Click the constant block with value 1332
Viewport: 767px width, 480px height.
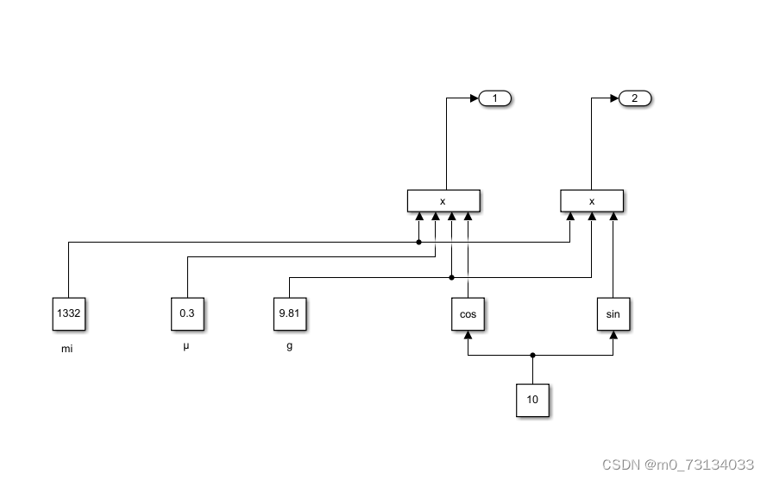click(x=68, y=314)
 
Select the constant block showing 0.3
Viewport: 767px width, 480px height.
click(x=187, y=314)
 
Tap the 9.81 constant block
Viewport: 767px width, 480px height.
click(x=289, y=314)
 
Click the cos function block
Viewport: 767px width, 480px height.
click(x=468, y=314)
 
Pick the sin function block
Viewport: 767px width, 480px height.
click(x=613, y=314)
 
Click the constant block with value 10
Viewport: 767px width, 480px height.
click(x=532, y=400)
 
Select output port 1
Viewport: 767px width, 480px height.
click(x=495, y=98)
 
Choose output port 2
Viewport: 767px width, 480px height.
click(x=635, y=98)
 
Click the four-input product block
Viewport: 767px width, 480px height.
click(x=443, y=201)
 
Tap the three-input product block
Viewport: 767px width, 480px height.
click(x=592, y=201)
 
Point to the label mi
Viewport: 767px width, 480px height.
click(x=67, y=350)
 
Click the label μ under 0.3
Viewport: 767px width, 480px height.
click(x=186, y=347)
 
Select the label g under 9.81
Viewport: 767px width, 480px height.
click(x=289, y=347)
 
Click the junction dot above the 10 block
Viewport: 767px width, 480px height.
click(x=532, y=355)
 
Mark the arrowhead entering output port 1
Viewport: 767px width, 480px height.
click(x=474, y=98)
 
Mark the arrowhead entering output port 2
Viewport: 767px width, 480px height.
click(x=614, y=98)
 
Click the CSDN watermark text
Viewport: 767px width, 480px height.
click(x=678, y=464)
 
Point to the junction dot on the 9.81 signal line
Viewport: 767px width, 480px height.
click(x=452, y=277)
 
